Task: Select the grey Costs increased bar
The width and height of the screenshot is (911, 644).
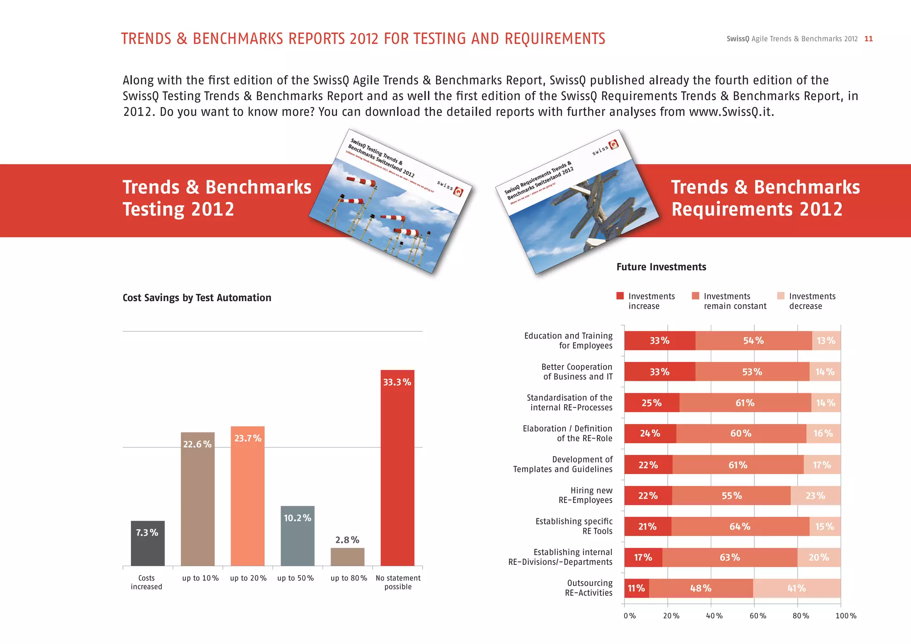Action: pyautogui.click(x=148, y=543)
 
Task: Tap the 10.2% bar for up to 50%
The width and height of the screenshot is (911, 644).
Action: pyautogui.click(x=297, y=536)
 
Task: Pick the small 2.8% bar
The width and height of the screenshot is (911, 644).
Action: pyautogui.click(x=347, y=557)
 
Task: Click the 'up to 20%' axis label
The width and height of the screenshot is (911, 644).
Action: pyautogui.click(x=248, y=578)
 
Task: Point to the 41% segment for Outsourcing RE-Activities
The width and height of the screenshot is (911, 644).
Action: pyautogui.click(x=796, y=588)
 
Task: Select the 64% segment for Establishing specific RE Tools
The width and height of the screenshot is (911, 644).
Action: pyautogui.click(x=740, y=527)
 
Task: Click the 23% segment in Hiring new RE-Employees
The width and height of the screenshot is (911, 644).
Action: pyautogui.click(x=815, y=495)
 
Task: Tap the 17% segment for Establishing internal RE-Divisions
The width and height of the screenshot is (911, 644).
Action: pyautogui.click(x=643, y=557)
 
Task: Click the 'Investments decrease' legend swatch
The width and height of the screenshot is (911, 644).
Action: pyautogui.click(x=781, y=296)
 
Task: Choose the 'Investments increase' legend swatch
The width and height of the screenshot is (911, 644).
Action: pyautogui.click(x=620, y=296)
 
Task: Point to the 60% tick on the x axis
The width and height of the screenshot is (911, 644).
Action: pyautogui.click(x=758, y=616)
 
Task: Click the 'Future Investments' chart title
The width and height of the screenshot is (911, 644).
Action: pyautogui.click(x=661, y=267)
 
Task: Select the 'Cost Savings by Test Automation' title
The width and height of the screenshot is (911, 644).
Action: pyautogui.click(x=197, y=298)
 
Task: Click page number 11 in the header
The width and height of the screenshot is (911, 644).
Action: pyautogui.click(x=868, y=39)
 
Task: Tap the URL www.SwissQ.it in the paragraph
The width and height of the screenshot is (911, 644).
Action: pyautogui.click(x=731, y=112)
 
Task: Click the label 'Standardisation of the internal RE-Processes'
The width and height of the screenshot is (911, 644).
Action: pyautogui.click(x=570, y=402)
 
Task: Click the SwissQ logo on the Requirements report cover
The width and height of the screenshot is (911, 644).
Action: pyautogui.click(x=613, y=145)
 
